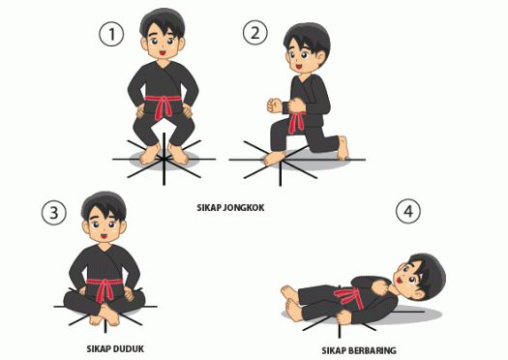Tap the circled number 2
point(255,34)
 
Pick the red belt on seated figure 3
point(104,286)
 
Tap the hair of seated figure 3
point(103,204)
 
